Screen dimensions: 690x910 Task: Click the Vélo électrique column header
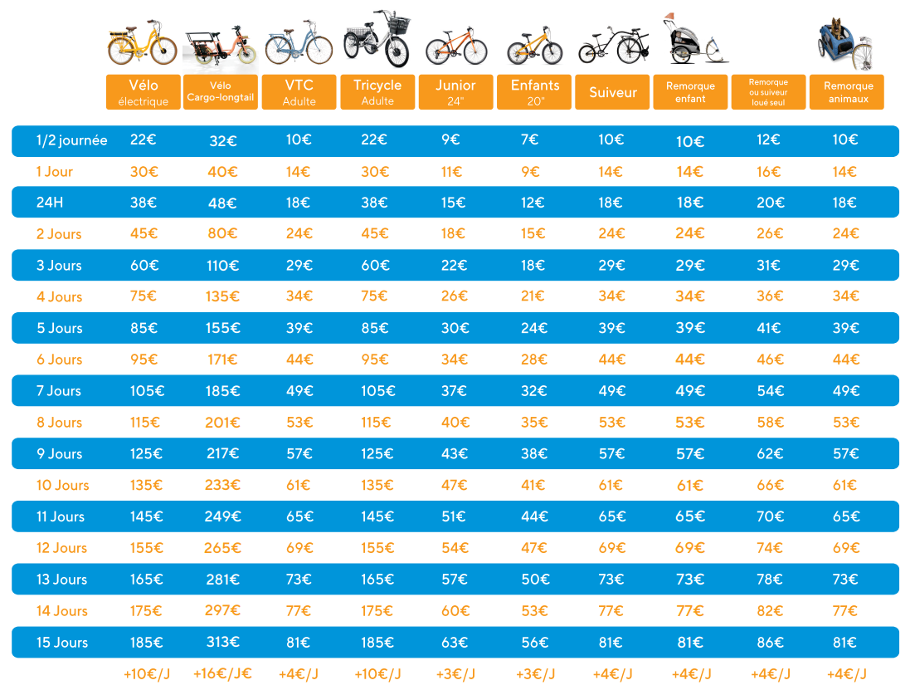point(143,92)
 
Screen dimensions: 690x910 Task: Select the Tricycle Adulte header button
point(377,92)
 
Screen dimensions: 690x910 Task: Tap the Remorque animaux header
point(848,92)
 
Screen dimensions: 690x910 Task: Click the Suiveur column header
point(612,92)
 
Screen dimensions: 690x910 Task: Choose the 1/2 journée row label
point(71,140)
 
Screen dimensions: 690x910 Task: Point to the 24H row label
point(49,203)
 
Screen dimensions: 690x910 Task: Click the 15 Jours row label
point(62,643)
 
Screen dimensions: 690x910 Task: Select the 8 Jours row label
point(59,423)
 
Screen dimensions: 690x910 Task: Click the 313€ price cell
point(223,643)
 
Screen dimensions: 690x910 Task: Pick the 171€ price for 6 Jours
point(222,360)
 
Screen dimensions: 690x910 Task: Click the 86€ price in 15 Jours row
point(769,643)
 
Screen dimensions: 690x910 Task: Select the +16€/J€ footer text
point(222,673)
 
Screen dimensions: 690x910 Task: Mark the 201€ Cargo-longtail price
point(222,423)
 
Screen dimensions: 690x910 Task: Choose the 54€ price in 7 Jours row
point(769,391)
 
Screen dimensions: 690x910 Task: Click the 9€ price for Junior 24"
point(450,139)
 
